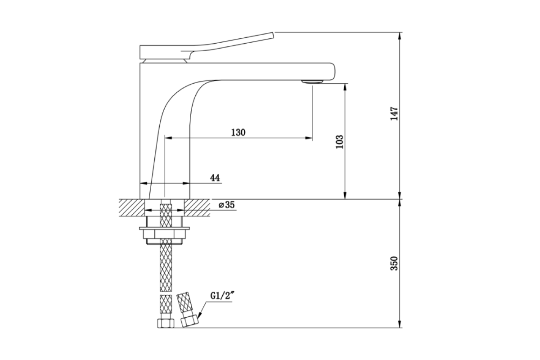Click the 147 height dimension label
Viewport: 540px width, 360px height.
pyautogui.click(x=394, y=113)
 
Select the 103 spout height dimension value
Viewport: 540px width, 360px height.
pyautogui.click(x=339, y=142)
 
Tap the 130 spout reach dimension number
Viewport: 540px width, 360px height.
pyautogui.click(x=238, y=132)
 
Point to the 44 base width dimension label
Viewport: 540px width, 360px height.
pyautogui.click(x=215, y=178)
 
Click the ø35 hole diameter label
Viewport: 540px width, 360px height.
pyautogui.click(x=226, y=205)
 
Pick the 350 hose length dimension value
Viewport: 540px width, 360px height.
pyautogui.click(x=394, y=263)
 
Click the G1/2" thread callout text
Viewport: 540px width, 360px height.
pyautogui.click(x=222, y=296)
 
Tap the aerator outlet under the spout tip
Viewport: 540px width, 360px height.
pyautogui.click(x=312, y=82)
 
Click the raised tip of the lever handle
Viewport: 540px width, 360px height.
pyautogui.click(x=273, y=35)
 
